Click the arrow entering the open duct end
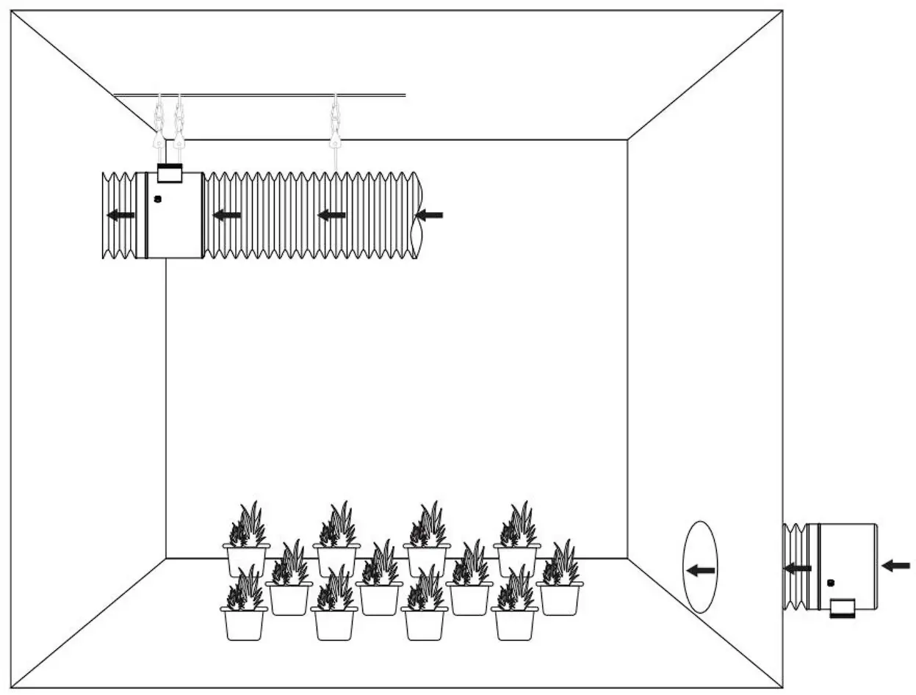[430, 215]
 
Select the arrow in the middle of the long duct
[332, 215]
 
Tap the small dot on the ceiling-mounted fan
[156, 198]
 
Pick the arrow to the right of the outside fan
[895, 565]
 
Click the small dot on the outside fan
[831, 583]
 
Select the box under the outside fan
[843, 608]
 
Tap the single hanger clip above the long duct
[334, 117]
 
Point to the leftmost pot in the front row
[244, 623]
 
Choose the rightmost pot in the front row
[515, 623]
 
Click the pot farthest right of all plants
[560, 598]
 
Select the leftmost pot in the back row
[246, 560]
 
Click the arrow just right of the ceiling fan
[227, 215]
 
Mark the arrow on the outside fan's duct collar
[798, 567]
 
